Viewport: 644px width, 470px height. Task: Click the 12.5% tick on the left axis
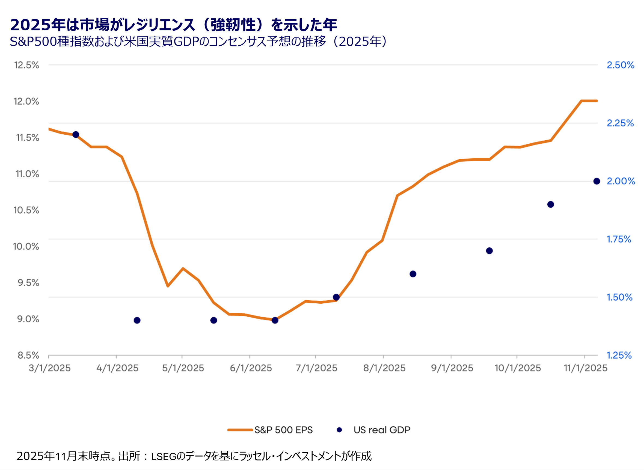[x=27, y=65]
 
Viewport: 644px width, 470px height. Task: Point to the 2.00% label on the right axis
[x=621, y=181]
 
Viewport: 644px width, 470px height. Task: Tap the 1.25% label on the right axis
[x=619, y=355]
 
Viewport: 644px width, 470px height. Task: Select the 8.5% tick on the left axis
[x=28, y=355]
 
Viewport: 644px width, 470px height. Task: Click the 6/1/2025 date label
[x=251, y=368]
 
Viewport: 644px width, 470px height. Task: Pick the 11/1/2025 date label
[x=585, y=368]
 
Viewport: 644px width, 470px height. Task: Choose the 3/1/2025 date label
[x=49, y=368]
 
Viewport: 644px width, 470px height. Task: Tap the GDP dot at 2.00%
[x=596, y=181]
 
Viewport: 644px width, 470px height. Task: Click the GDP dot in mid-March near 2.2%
[x=76, y=135]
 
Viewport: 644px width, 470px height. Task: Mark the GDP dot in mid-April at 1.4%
[x=137, y=320]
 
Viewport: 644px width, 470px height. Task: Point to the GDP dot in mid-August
[x=413, y=274]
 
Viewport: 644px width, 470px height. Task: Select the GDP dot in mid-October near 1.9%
[x=550, y=204]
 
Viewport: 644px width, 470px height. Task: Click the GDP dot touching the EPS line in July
[x=336, y=297]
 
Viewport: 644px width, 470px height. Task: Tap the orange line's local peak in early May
[x=183, y=268]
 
